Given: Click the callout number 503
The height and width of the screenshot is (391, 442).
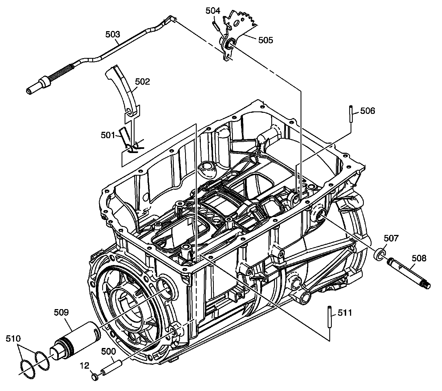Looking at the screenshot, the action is (x=113, y=34).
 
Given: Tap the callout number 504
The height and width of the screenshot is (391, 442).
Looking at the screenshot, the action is (x=213, y=11).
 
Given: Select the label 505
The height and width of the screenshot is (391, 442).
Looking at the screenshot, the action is (x=265, y=40).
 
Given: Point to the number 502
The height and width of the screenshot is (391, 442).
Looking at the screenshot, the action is (x=142, y=82).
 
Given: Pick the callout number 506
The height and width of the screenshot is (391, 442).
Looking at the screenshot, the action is (x=368, y=111).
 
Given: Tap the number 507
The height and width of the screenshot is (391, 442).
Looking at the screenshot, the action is (x=391, y=238).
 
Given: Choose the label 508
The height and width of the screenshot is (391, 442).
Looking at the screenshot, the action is (x=419, y=258).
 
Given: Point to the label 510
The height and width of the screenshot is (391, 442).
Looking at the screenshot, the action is (x=13, y=338).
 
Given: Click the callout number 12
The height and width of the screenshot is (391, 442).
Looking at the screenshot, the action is (x=85, y=366).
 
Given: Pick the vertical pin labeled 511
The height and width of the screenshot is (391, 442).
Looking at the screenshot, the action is (x=330, y=317).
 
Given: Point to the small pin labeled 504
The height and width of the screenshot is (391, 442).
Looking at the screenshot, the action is (x=216, y=25).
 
